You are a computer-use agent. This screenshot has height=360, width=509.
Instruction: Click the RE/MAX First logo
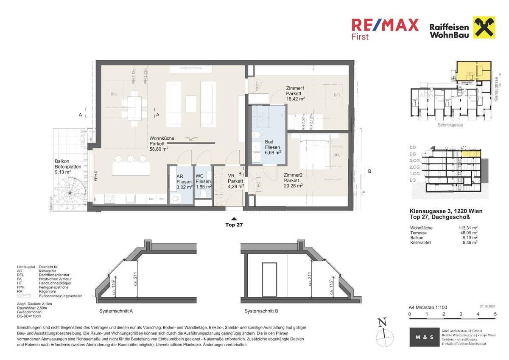[385, 28]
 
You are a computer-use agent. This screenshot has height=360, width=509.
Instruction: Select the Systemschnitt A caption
[116, 311]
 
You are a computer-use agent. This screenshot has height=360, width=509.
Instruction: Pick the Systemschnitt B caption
[261, 311]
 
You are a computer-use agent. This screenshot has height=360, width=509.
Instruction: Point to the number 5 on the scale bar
[495, 315]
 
